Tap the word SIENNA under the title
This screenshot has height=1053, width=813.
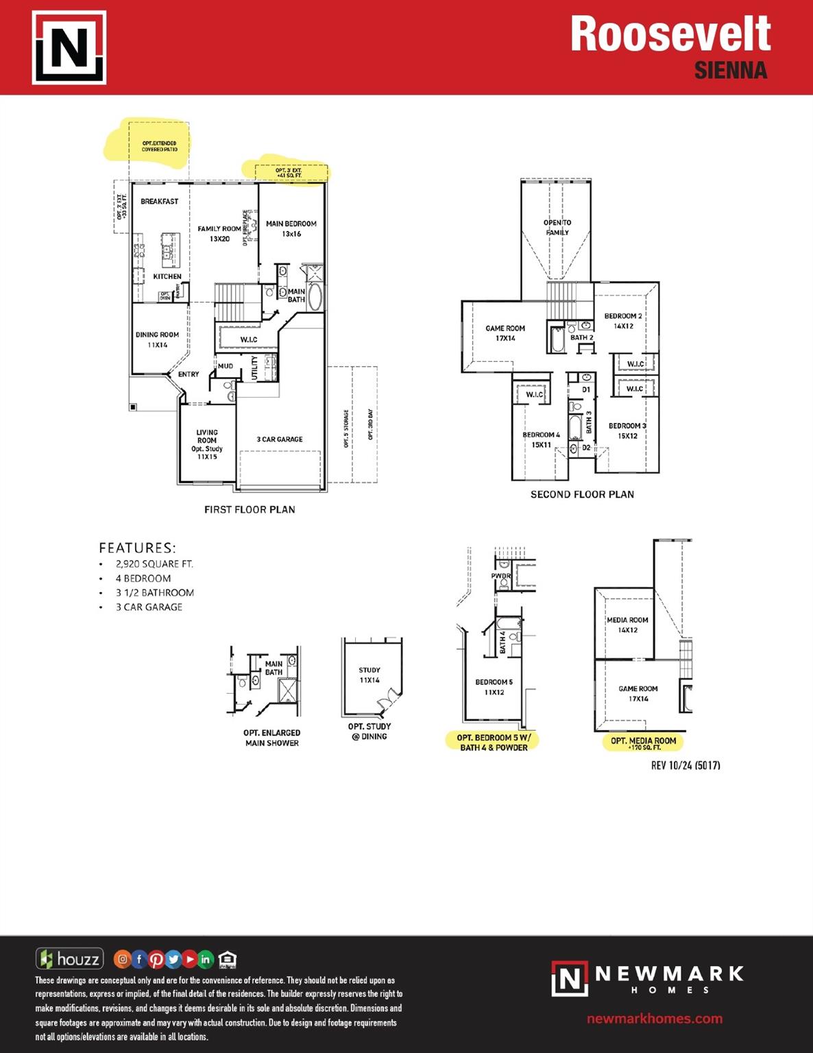click(730, 71)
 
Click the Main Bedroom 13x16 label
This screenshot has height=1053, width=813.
click(291, 228)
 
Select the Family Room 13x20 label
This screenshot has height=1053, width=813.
click(219, 234)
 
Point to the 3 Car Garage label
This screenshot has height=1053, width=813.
click(279, 439)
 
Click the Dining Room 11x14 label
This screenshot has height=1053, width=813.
click(157, 339)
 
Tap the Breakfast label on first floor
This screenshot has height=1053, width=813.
click(159, 202)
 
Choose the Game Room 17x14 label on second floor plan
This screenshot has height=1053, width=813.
click(505, 333)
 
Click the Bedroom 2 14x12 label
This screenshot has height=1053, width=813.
click(623, 321)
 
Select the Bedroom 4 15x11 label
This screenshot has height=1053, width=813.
click(541, 439)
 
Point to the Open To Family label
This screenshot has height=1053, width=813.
click(557, 228)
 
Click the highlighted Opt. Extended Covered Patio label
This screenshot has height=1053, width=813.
click(159, 146)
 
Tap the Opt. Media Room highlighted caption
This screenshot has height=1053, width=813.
click(643, 742)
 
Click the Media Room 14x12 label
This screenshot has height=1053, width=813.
click(627, 625)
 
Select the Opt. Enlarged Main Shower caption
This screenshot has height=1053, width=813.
click(271, 738)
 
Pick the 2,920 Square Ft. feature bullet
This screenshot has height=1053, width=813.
click(154, 564)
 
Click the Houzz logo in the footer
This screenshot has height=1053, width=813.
click(69, 958)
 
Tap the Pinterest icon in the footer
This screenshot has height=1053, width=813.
click(156, 959)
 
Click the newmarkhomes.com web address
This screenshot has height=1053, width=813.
click(654, 1019)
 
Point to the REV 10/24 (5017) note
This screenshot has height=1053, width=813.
click(685, 765)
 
